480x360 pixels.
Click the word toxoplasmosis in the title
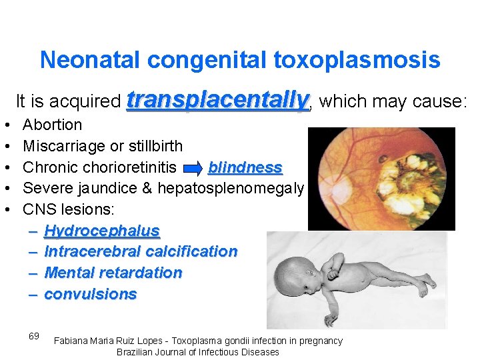point(357,60)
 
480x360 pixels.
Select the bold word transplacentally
point(219,101)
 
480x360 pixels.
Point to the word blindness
point(245,167)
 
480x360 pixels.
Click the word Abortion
point(52,125)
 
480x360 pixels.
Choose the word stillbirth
point(153,146)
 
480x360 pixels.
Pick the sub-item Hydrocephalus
point(101,231)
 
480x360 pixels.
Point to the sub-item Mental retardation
point(113,273)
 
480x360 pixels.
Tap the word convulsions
point(90,295)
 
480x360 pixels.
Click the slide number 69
point(34,336)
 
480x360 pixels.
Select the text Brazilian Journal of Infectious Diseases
point(197,352)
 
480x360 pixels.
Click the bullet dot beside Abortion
point(6,125)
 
